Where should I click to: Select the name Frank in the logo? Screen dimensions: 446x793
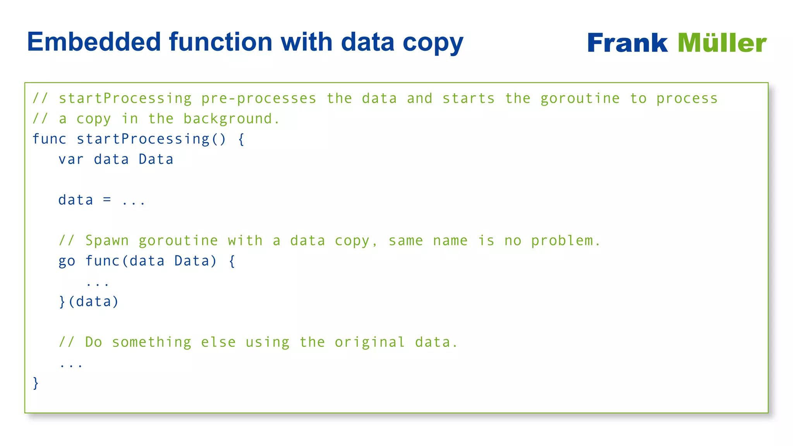pos(627,43)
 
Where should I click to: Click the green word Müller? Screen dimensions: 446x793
pos(722,43)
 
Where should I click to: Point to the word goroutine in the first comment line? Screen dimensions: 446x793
pos(580,99)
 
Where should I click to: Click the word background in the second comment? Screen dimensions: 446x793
pos(232,119)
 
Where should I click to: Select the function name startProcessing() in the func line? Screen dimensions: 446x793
pos(151,139)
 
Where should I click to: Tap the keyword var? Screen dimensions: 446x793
pos(71,160)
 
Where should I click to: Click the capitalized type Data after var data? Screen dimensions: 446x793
pos(156,160)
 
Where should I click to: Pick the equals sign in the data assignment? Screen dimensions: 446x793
pos(107,200)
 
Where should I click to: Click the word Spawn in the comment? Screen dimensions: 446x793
pos(107,241)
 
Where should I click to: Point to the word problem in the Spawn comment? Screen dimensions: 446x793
pos(565,241)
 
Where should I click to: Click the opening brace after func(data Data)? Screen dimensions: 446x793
pos(232,261)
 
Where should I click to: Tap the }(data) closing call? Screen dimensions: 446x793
pos(89,302)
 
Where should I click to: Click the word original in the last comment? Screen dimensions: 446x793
pos(370,342)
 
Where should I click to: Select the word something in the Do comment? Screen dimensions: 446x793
pos(151,342)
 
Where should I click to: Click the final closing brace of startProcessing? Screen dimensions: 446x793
pos(36,383)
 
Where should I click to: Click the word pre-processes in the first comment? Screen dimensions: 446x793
pos(259,99)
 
